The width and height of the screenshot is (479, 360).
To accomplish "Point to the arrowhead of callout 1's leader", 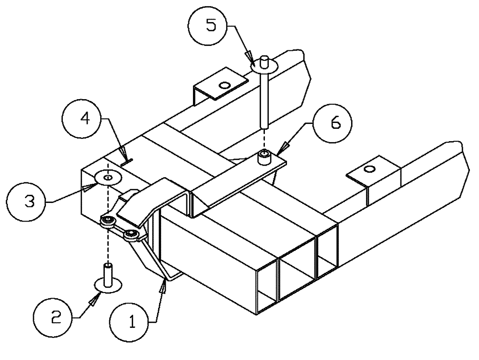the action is click(164, 286).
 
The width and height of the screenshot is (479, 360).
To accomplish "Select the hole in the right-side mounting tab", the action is click(369, 169).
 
